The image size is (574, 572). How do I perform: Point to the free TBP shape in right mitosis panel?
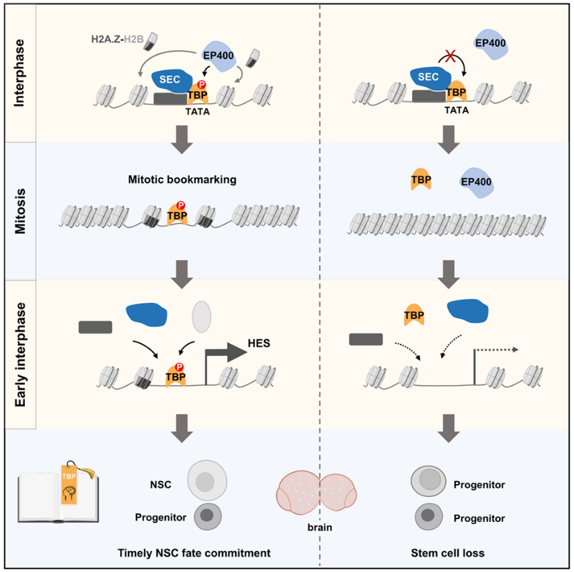click(x=420, y=179)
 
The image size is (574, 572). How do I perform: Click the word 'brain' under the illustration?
click(x=319, y=528)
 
